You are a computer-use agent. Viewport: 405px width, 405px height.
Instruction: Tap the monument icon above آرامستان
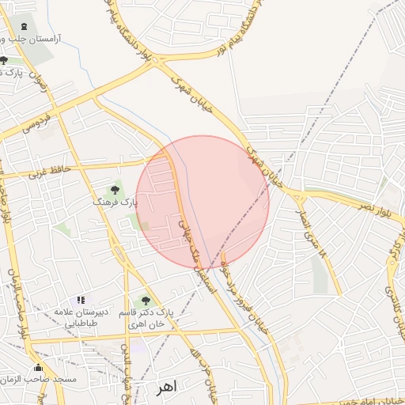coord(23,27)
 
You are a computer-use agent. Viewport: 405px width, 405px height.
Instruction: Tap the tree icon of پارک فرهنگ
coord(115,190)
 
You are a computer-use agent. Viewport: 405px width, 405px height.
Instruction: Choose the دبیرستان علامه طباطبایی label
coord(80,317)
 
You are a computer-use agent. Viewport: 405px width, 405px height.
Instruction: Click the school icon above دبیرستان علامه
coord(80,301)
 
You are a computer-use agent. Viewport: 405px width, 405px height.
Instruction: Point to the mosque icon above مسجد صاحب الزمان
coord(38,367)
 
